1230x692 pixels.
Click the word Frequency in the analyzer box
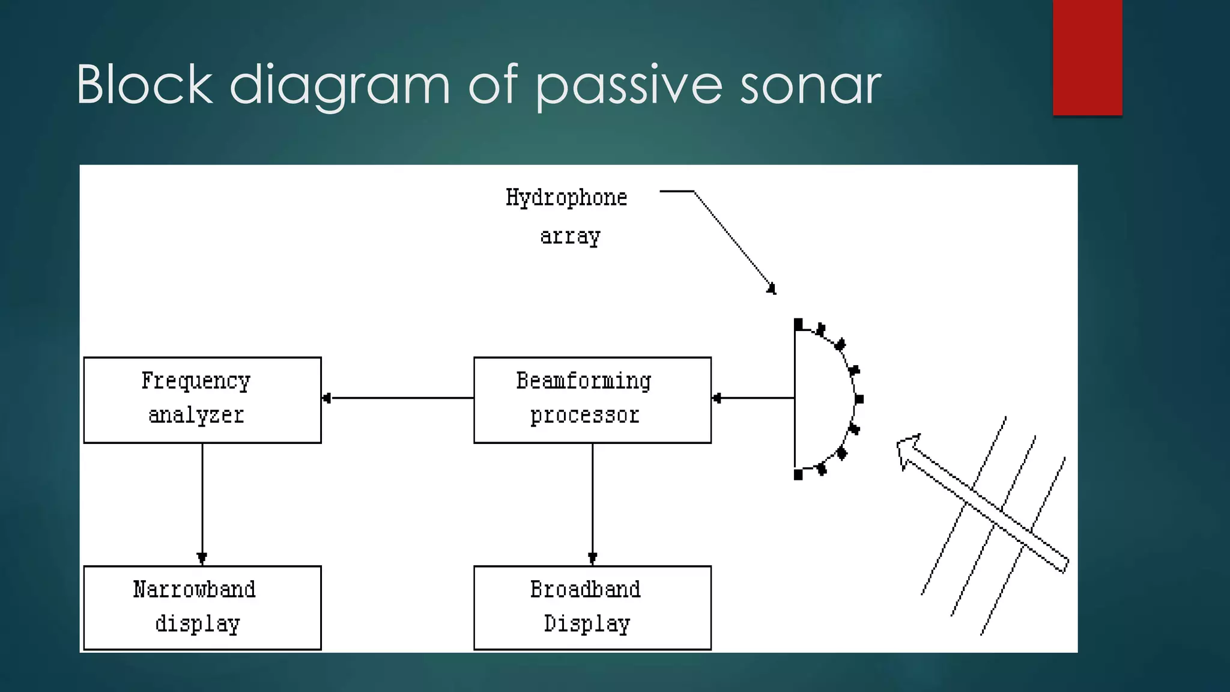click(x=196, y=381)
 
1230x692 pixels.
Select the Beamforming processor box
click(x=592, y=400)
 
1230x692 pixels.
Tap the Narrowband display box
click(x=202, y=607)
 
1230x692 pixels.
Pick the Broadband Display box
click(x=592, y=607)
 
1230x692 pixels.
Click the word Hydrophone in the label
click(x=566, y=198)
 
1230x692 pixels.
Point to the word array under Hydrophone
click(x=570, y=236)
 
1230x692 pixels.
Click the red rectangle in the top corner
click(x=1087, y=57)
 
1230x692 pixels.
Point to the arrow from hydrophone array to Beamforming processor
click(x=753, y=398)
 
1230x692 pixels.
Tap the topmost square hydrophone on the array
click(x=798, y=324)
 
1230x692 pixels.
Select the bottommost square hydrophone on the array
click(x=798, y=475)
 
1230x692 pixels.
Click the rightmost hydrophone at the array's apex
click(x=859, y=399)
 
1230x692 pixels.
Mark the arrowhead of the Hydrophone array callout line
click(x=772, y=290)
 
